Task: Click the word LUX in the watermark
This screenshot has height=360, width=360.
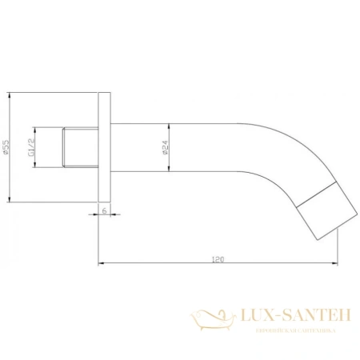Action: [251, 318]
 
